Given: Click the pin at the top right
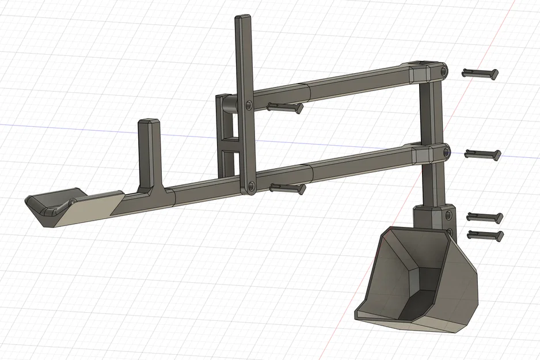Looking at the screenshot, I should pyautogui.click(x=481, y=73).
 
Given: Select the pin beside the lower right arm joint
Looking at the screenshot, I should pyautogui.click(x=482, y=154).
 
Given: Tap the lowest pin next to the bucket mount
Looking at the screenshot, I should pyautogui.click(x=486, y=234).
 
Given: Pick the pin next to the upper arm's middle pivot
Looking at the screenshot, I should pyautogui.click(x=284, y=107).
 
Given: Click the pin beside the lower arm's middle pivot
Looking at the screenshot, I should pyautogui.click(x=287, y=188).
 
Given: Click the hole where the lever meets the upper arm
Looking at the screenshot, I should pyautogui.click(x=248, y=105).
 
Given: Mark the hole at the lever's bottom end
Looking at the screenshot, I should pyautogui.click(x=250, y=186).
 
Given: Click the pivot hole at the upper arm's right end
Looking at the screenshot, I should pyautogui.click(x=444, y=71).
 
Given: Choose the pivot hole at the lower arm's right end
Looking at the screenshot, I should pyautogui.click(x=446, y=152).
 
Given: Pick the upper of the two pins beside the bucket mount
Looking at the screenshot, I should pyautogui.click(x=485, y=217).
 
